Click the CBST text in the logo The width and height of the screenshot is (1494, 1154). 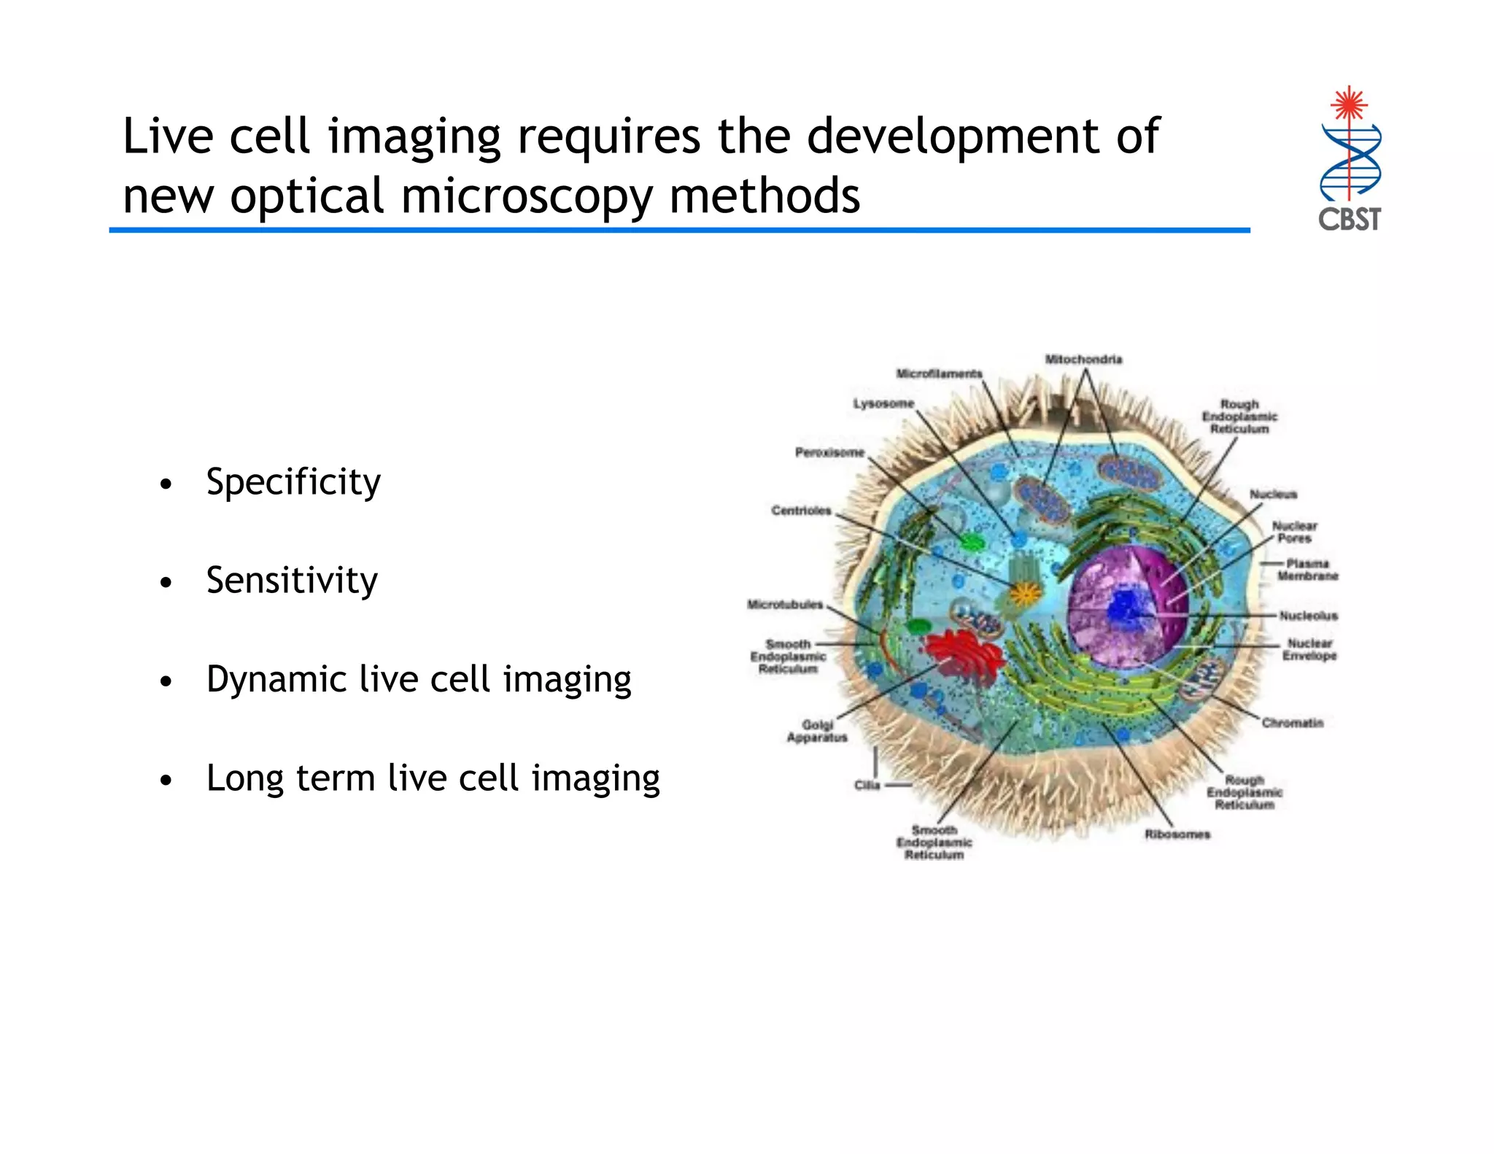(1349, 220)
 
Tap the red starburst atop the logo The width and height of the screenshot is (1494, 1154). (1349, 104)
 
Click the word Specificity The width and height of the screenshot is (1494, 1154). (293, 482)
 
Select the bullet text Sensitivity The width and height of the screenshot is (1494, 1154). (292, 581)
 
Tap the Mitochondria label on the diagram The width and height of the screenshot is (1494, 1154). (1083, 360)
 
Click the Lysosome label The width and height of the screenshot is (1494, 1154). (883, 403)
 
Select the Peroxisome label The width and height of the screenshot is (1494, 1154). (829, 452)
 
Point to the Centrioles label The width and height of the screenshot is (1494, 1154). (801, 511)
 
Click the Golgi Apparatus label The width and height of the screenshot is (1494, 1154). (817, 731)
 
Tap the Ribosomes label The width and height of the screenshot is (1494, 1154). (1177, 834)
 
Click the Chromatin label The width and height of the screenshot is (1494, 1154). (1292, 723)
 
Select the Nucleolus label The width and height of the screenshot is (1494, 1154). (1308, 616)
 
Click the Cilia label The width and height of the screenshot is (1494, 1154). (867, 786)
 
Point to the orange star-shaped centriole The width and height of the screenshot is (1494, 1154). (1025, 593)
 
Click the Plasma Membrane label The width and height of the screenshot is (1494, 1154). (1307, 570)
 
